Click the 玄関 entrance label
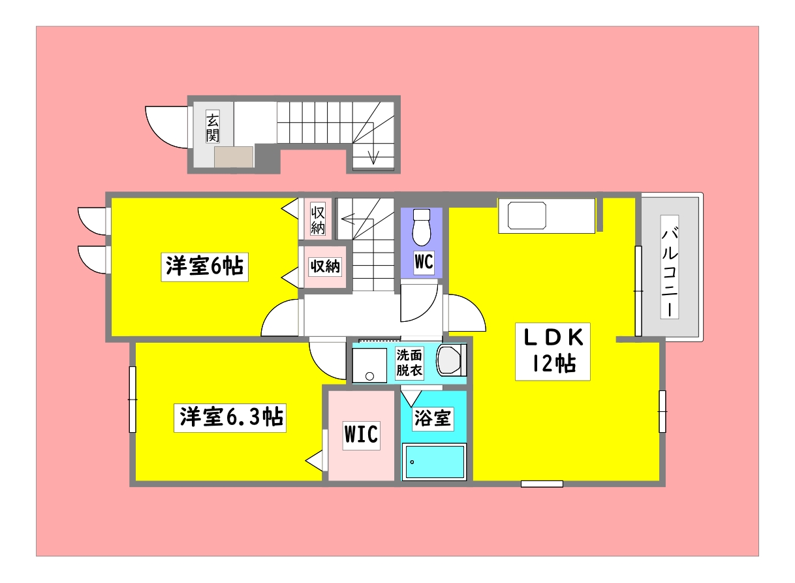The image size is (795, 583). tap(212, 127)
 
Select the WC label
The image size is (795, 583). tap(423, 262)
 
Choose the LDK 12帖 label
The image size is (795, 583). tap(553, 351)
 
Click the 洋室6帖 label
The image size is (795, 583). tap(204, 267)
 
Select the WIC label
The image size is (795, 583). tap(361, 433)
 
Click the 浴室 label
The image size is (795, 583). tap(432, 418)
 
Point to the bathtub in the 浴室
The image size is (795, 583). tap(434, 462)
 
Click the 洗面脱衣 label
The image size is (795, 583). tap(409, 363)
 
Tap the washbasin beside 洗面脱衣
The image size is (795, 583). tap(450, 361)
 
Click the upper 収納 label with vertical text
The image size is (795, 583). tap(318, 220)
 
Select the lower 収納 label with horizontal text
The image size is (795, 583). tap(324, 266)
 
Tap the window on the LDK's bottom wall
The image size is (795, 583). tap(542, 484)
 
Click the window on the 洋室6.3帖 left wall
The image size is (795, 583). tap(132, 399)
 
